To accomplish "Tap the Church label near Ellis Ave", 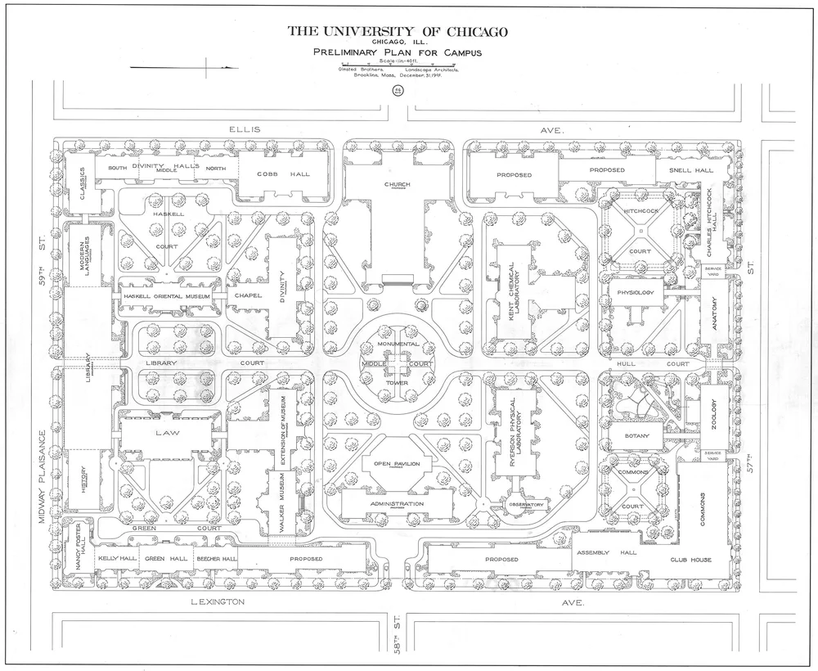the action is point(397,184).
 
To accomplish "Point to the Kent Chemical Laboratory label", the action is point(510,290).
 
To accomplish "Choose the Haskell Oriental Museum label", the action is point(163,296).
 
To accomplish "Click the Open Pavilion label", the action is point(397,464).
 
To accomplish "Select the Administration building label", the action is point(397,504).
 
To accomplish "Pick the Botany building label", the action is point(636,436).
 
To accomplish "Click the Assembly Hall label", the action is point(606,553).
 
